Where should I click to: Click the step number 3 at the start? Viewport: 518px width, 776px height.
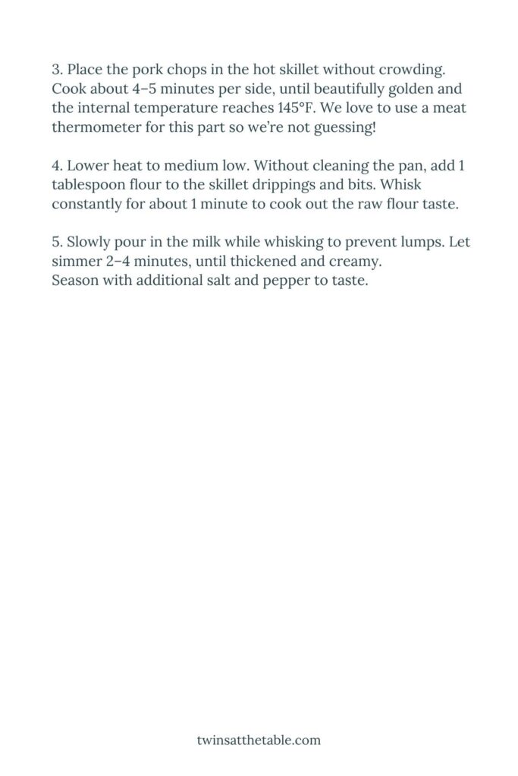click(x=56, y=70)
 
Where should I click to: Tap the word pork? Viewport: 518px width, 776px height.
click(x=145, y=70)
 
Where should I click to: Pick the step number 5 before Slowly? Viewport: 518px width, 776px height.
click(x=56, y=242)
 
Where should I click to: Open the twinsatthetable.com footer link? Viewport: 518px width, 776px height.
click(x=259, y=739)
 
